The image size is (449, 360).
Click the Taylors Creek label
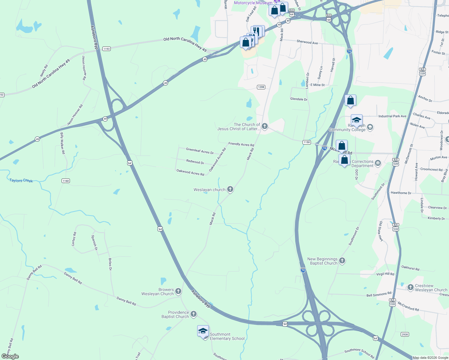[x=21, y=180]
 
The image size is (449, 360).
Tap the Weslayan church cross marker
[x=230, y=189]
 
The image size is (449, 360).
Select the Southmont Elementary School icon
[x=203, y=331]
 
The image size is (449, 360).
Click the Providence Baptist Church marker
[x=194, y=314]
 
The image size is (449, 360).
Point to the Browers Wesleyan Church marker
[x=178, y=291]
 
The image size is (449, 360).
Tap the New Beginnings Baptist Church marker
[x=342, y=261]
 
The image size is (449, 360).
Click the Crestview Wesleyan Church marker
[x=411, y=287]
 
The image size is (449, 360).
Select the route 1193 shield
[x=107, y=49]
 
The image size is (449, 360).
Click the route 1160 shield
[x=66, y=181]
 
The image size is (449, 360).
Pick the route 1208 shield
[x=261, y=87]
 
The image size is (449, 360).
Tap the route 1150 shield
[x=306, y=142]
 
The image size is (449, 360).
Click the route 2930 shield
[x=405, y=334]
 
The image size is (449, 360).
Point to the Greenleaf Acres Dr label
[x=200, y=151]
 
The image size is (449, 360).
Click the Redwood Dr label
[x=195, y=162]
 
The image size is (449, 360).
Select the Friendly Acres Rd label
[x=241, y=144]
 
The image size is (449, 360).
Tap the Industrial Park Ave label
[x=392, y=116]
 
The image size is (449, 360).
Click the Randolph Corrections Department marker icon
[x=378, y=163]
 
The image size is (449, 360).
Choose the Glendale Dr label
[x=299, y=99]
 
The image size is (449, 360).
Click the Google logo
[x=10, y=356]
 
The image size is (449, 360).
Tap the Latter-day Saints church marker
[x=264, y=126]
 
